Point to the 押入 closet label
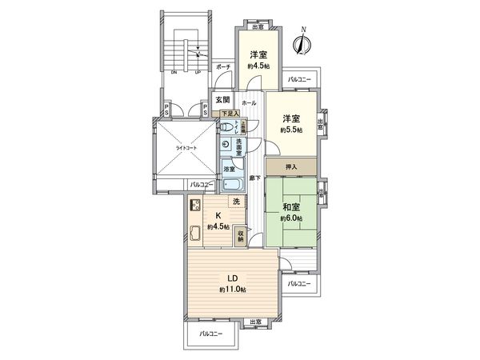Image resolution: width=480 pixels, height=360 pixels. coord(290,166)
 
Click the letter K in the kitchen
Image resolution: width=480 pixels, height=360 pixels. coord(217,216)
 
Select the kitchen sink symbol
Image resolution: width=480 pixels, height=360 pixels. coord(194,234)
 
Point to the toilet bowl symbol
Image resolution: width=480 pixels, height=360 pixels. coord(227,126)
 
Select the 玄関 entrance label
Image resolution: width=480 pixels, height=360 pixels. coord(222,101)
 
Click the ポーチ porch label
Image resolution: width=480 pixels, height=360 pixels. coord(222,67)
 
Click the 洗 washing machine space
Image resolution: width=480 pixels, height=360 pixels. coord(236,202)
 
